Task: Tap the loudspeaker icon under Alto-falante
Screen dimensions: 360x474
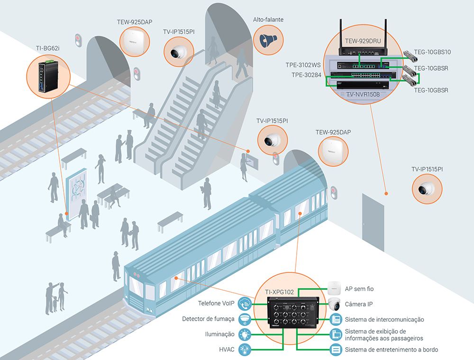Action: (268, 40)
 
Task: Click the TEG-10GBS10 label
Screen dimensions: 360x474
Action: (433, 52)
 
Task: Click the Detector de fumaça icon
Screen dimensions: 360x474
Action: (245, 318)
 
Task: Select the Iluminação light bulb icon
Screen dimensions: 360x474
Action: (245, 334)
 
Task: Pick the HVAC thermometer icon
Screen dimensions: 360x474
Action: (245, 350)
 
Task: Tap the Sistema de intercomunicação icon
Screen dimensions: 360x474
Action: (336, 319)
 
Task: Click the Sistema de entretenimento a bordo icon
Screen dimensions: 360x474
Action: (336, 350)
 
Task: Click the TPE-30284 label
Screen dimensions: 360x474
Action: (306, 75)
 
